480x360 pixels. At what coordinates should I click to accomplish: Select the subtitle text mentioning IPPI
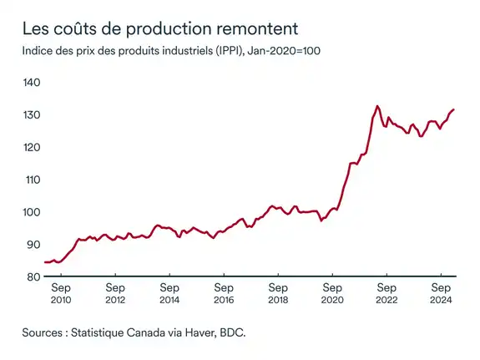[x=172, y=52]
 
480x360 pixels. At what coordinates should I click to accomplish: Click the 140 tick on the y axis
[x=32, y=83]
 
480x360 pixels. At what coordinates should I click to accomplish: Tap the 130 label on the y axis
[x=32, y=115]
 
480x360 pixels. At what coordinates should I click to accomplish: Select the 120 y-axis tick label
[x=32, y=147]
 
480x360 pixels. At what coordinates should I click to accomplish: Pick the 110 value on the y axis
[x=32, y=180]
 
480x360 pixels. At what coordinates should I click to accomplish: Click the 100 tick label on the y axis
[x=32, y=212]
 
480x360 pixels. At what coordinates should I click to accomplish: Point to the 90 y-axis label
[x=33, y=245]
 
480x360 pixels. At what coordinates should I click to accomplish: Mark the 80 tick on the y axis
[x=33, y=277]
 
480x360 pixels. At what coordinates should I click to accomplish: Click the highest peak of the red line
[x=377, y=106]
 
